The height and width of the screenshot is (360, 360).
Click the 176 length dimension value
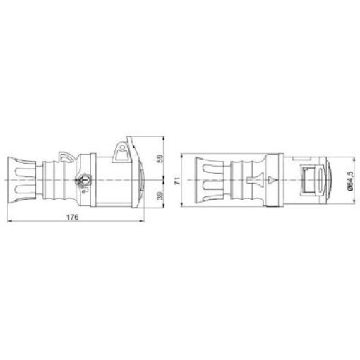[73, 217]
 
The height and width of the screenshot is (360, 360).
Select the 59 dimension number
[160, 158]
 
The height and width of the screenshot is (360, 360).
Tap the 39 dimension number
[160, 196]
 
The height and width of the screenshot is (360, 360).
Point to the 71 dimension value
[178, 181]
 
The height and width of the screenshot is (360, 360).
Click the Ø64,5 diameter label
[350, 181]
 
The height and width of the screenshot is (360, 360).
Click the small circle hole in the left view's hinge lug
[122, 148]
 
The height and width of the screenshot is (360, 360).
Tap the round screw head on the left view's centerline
[83, 180]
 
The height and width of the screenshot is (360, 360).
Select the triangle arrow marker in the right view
[272, 181]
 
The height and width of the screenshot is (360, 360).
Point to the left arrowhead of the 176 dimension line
[9, 221]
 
